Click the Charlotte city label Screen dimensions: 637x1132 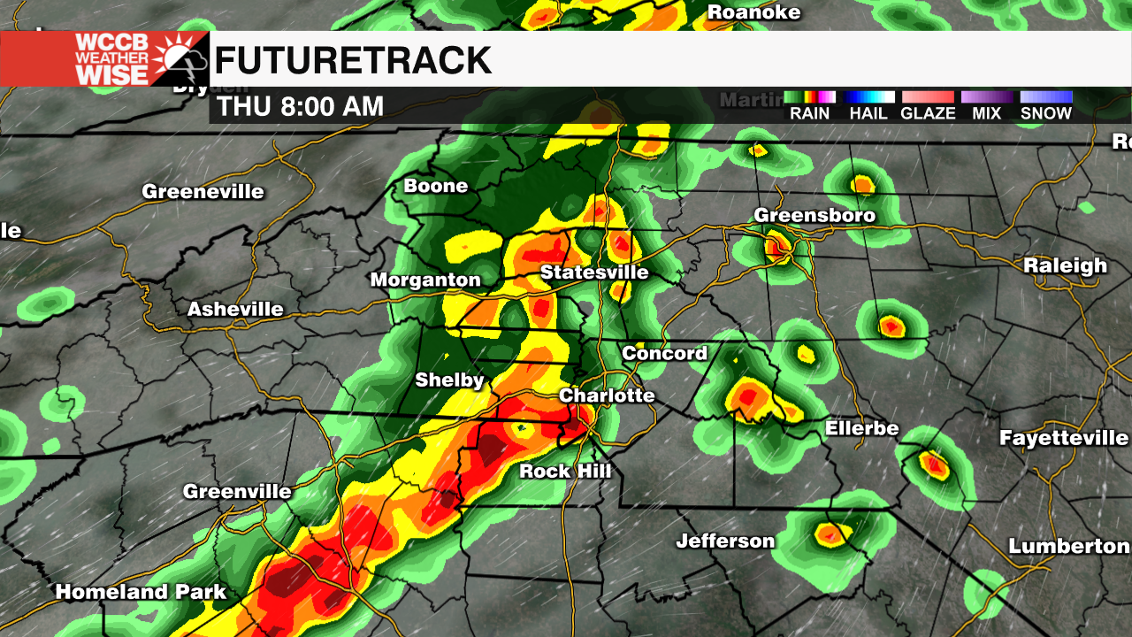pyautogui.click(x=607, y=395)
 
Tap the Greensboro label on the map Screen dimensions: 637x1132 pyautogui.click(x=815, y=215)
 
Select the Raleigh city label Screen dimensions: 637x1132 pyautogui.click(x=1065, y=265)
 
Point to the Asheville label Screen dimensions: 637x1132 pyautogui.click(x=235, y=309)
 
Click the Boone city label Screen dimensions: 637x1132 pyautogui.click(x=435, y=185)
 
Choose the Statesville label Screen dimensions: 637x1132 pyautogui.click(x=594, y=272)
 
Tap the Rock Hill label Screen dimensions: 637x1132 pyautogui.click(x=565, y=471)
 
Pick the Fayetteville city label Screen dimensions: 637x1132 pyautogui.click(x=1063, y=437)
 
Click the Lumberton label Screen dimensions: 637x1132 pyautogui.click(x=1068, y=546)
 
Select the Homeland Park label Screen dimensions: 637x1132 pyautogui.click(x=141, y=592)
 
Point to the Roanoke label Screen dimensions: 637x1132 pyautogui.click(x=754, y=12)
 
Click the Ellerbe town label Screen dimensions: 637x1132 pyautogui.click(x=861, y=428)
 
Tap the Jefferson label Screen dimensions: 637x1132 pyautogui.click(x=725, y=541)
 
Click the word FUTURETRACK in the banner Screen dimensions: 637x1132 pyautogui.click(x=353, y=60)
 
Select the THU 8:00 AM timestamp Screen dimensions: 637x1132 pyautogui.click(x=301, y=107)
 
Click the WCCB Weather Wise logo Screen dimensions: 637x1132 pyautogui.click(x=104, y=59)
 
